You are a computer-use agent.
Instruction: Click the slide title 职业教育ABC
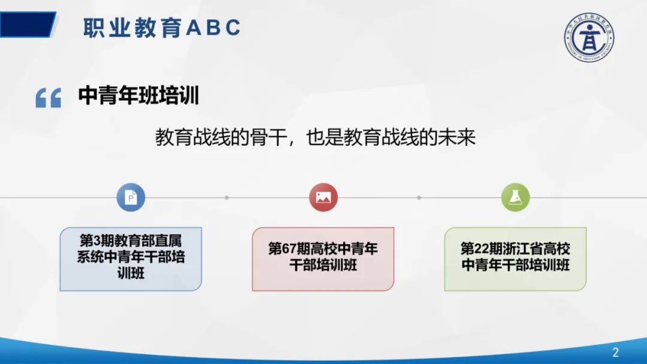click(162, 28)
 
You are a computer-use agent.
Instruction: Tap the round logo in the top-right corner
click(588, 37)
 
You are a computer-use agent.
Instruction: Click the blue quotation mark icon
click(49, 98)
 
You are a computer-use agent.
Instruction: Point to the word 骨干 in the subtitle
click(264, 137)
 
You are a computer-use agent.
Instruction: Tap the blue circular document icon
click(131, 197)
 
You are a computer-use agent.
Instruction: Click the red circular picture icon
click(323, 197)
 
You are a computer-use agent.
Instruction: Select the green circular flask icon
click(515, 197)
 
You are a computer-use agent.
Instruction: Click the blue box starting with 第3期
click(131, 259)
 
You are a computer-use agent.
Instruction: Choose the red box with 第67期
click(323, 259)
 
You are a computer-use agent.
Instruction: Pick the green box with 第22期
click(515, 259)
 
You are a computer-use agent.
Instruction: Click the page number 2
click(615, 352)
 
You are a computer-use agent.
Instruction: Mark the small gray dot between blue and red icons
click(226, 197)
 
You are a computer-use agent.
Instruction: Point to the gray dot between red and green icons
click(419, 197)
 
